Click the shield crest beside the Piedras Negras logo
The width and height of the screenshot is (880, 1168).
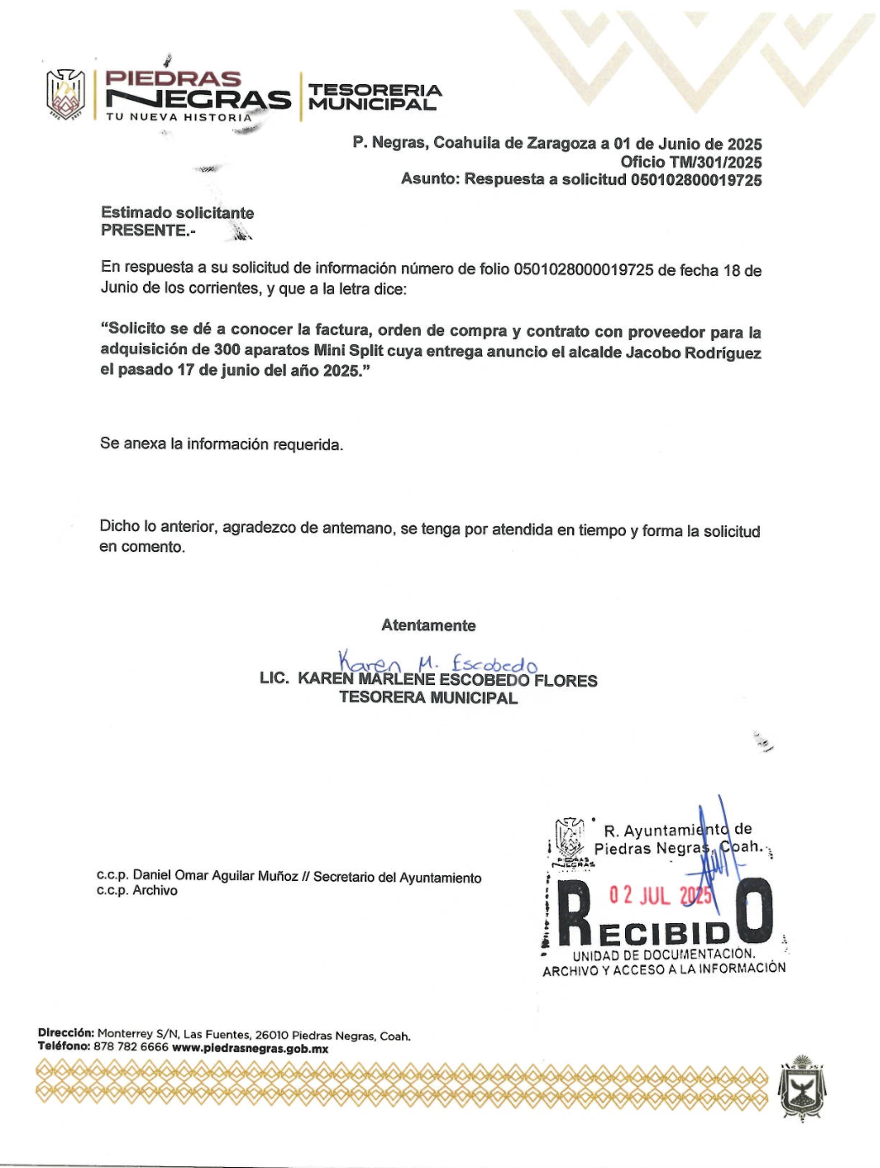[x=66, y=93]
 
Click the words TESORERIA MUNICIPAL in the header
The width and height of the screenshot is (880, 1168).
[x=374, y=97]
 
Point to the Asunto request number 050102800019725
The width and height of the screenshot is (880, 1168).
[x=696, y=180]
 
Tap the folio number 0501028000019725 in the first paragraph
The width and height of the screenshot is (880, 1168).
[x=583, y=269]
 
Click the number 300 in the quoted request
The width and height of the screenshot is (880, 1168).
[x=227, y=350]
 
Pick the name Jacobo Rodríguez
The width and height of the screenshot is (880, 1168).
[x=693, y=353]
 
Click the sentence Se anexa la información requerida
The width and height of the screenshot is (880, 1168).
[x=221, y=444]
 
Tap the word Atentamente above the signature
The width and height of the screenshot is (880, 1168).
[x=428, y=625]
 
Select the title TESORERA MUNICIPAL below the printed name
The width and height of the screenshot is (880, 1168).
[x=428, y=698]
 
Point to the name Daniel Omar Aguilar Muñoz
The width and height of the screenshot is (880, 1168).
[x=215, y=876]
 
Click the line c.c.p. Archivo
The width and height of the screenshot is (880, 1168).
[x=137, y=890]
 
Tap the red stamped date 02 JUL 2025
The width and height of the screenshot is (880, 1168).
[x=660, y=895]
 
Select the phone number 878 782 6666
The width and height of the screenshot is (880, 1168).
[x=131, y=1048]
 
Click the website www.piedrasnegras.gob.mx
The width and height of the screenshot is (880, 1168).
[x=250, y=1049]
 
